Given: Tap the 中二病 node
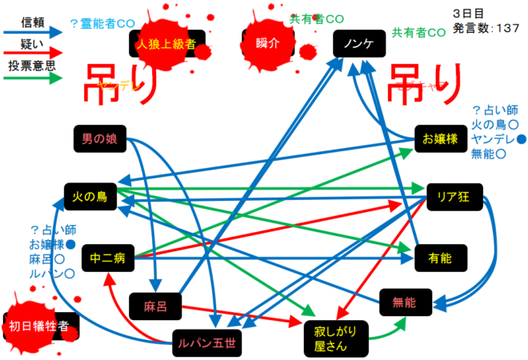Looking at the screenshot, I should (107, 258).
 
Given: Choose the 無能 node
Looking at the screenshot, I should (404, 301).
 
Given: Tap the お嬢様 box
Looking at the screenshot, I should (440, 139).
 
